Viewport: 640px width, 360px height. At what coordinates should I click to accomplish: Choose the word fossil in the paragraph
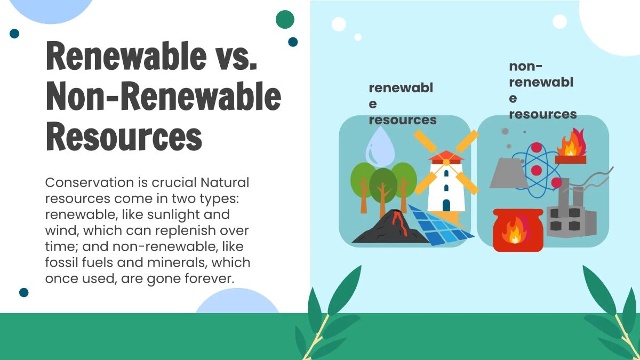tap(61, 263)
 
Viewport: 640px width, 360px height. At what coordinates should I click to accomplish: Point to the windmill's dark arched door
tap(446, 205)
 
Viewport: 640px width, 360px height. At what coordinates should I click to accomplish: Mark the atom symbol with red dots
tap(537, 169)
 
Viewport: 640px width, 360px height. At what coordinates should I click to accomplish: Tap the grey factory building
tap(570, 216)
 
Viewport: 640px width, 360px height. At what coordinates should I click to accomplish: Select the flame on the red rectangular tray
tap(571, 144)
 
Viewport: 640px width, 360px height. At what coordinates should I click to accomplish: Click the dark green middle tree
tap(383, 184)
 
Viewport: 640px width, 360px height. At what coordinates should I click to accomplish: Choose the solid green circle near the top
tap(285, 19)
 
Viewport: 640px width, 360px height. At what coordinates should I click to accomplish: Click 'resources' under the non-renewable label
tap(543, 114)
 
